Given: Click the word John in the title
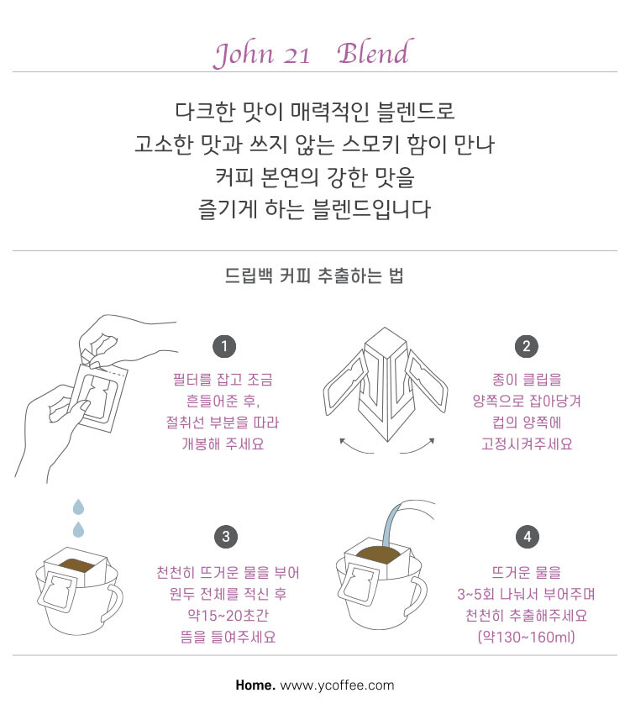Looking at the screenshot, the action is point(244,55).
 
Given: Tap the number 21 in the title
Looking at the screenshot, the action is point(297,56).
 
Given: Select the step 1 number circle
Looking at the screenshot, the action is point(224,347).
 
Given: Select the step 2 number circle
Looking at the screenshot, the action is point(527,347).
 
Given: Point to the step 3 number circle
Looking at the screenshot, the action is point(226,537).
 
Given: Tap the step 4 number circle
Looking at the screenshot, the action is point(528,537).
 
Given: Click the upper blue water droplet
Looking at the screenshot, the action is point(79,507).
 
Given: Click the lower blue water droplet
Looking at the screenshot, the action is point(78,529).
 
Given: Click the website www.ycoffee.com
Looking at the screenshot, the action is point(338,685).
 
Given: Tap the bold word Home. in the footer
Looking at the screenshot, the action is point(255,685).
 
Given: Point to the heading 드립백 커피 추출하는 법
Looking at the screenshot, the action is point(314,276).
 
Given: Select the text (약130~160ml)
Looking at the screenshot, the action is point(527,637).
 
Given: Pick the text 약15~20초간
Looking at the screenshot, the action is point(228,615).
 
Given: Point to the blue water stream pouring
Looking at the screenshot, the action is point(391,526).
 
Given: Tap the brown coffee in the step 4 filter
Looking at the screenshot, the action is point(381,554).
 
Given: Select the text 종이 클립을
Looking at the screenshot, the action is point(527,380).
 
